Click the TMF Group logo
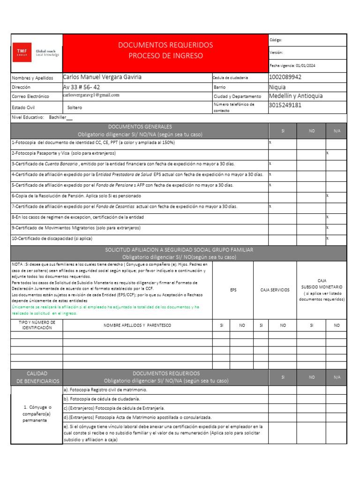click(x=36, y=52)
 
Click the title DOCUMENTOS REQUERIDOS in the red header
click(x=165, y=45)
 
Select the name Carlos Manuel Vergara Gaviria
click(x=102, y=77)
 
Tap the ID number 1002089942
click(x=285, y=77)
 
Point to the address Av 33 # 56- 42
click(x=81, y=87)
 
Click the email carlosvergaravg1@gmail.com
click(x=91, y=95)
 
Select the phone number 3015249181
click(x=285, y=105)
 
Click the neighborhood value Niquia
click(x=277, y=87)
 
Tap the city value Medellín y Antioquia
click(x=296, y=96)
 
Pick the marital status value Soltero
click(x=75, y=107)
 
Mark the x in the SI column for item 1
click(x=270, y=142)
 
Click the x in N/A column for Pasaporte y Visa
click(x=327, y=153)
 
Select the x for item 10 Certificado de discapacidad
click(x=327, y=238)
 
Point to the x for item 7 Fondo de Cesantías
click(x=270, y=206)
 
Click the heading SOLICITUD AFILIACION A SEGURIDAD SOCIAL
click(x=179, y=250)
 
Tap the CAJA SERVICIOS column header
click(x=275, y=290)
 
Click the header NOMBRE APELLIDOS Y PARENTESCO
click(x=137, y=325)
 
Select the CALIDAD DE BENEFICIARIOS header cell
click(x=37, y=377)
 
